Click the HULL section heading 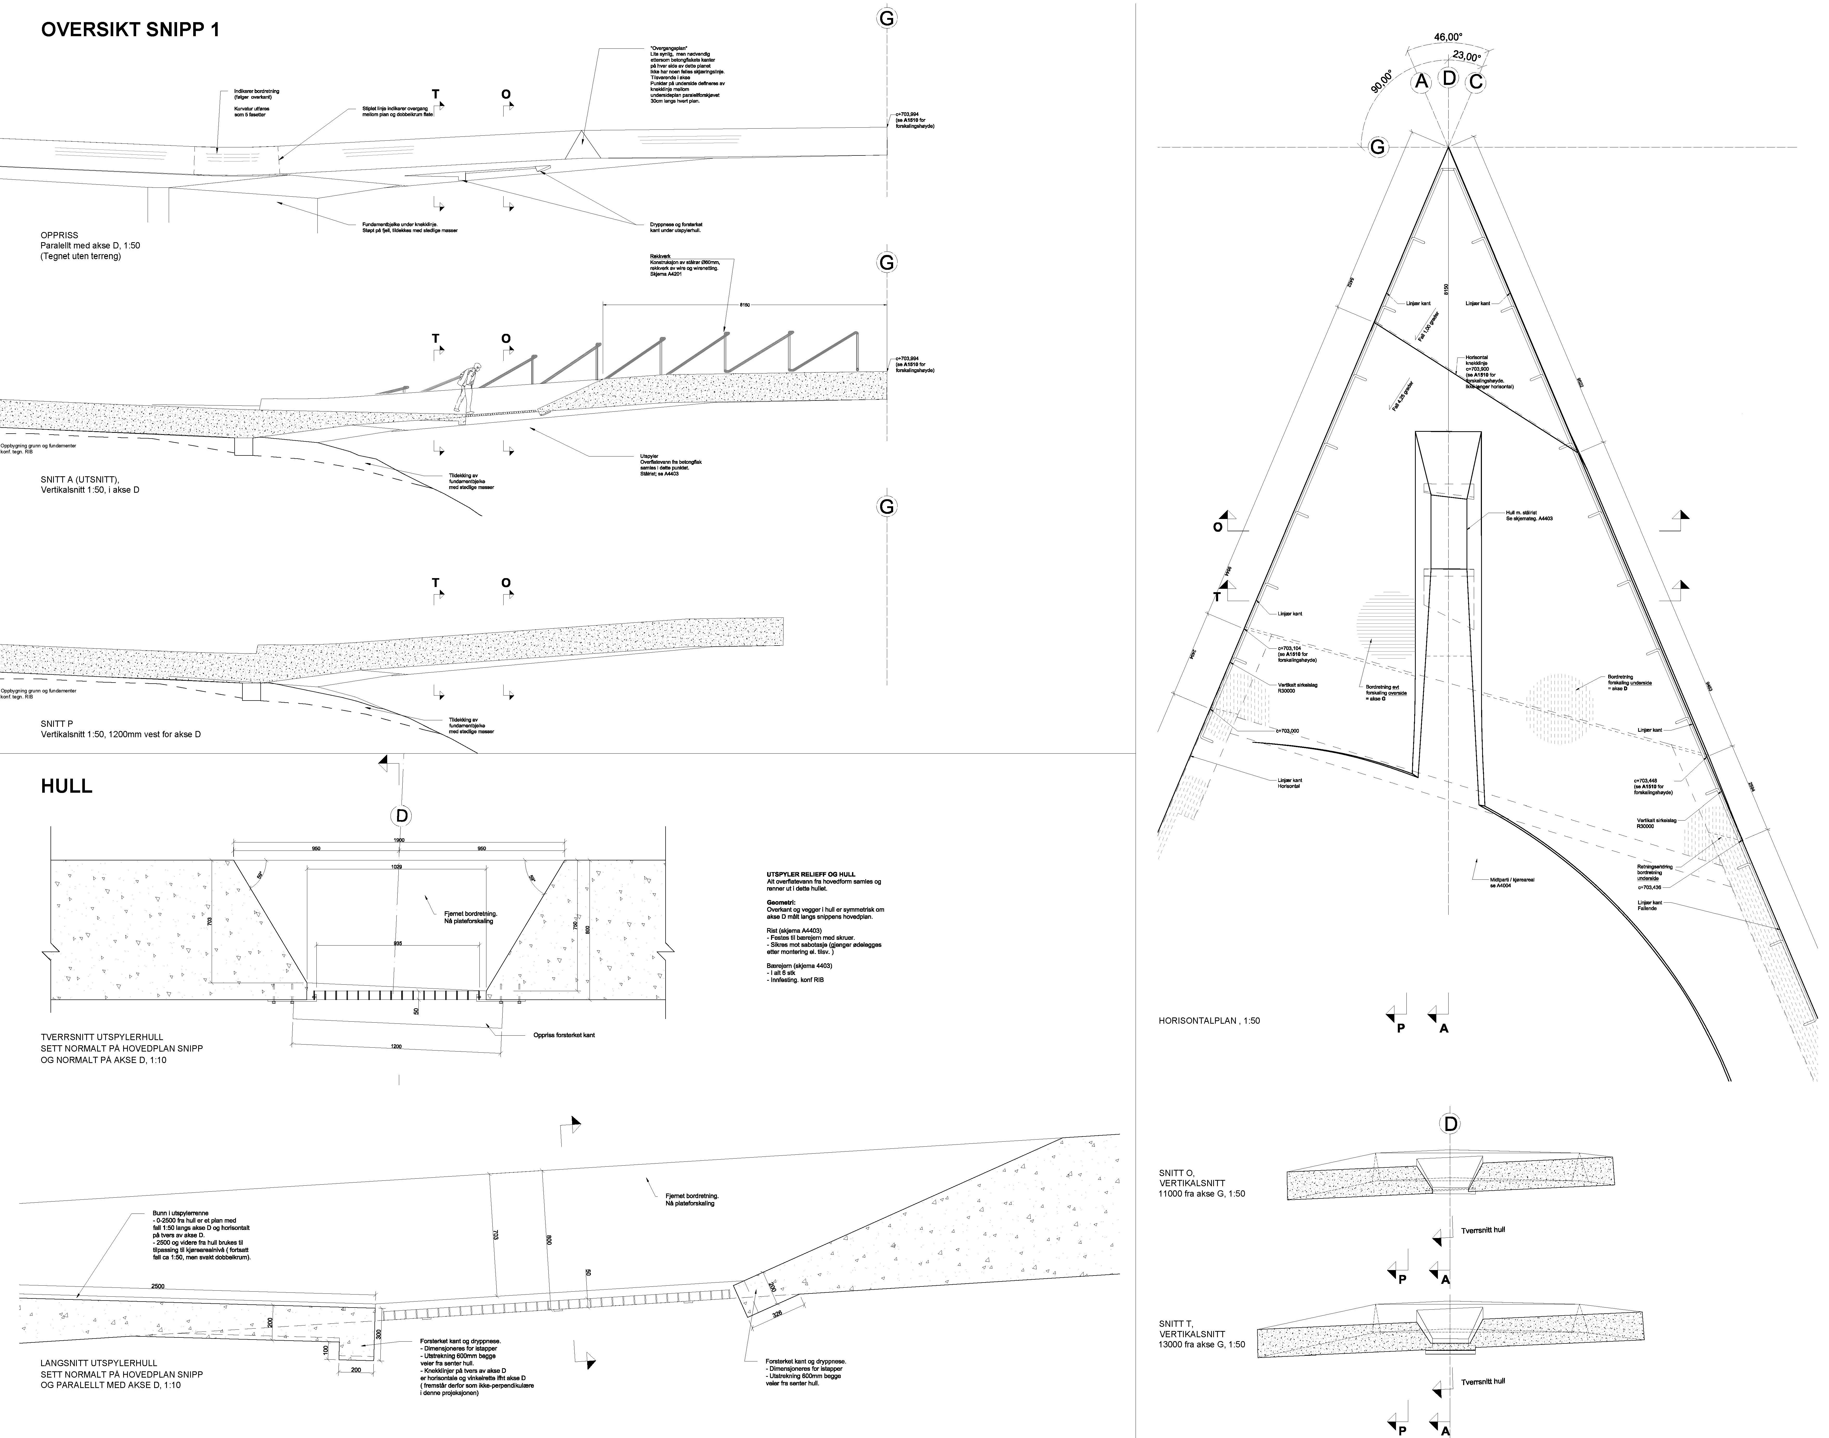pos(66,786)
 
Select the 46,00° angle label pos(1448,37)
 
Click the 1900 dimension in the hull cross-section pos(399,840)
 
